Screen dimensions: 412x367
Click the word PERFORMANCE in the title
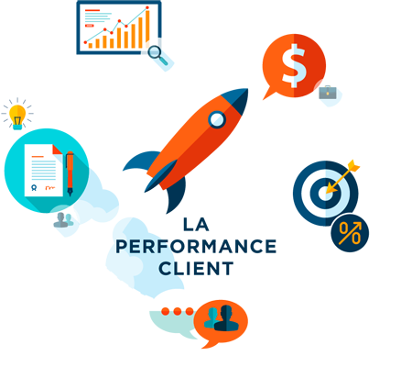196,247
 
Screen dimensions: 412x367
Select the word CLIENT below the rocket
196,269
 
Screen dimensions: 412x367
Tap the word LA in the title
196,225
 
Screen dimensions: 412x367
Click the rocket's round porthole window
217,119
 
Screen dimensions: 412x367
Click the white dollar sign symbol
293,66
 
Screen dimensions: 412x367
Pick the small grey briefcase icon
328,93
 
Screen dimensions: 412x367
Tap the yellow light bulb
17,117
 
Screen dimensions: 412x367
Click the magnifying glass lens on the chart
155,51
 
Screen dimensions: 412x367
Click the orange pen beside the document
70,173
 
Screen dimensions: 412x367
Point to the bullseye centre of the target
324,194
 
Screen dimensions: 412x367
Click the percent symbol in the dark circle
350,233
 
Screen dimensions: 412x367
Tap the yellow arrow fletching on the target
354,166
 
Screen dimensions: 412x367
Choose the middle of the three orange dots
178,311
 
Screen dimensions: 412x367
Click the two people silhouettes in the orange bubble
221,318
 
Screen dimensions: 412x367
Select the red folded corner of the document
58,150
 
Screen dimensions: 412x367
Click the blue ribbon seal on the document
34,187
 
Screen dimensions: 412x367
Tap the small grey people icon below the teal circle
63,220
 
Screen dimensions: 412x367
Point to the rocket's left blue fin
142,160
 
